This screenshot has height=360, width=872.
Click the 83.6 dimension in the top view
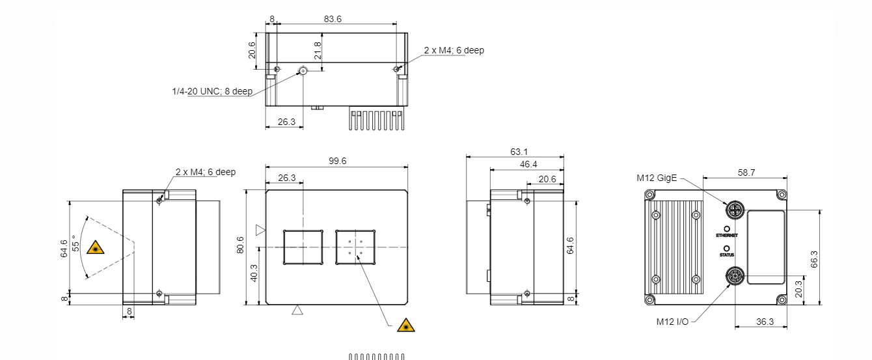(x=333, y=19)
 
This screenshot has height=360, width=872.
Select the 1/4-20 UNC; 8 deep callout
(x=212, y=91)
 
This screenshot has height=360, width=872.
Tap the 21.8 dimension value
(x=318, y=51)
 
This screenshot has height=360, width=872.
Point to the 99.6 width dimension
(x=337, y=161)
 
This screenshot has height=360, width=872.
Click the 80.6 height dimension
(x=240, y=245)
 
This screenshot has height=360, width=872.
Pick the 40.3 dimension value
(x=254, y=273)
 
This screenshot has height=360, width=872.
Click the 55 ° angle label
(x=75, y=243)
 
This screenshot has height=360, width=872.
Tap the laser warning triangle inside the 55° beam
(x=96, y=248)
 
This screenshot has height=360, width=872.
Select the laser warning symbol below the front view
(x=406, y=325)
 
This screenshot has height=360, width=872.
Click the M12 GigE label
(x=657, y=178)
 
